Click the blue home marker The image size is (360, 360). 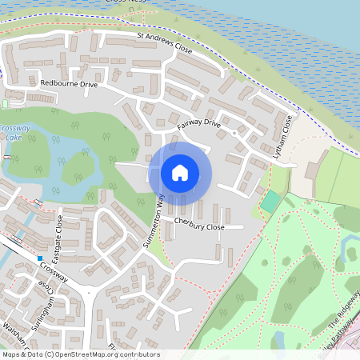(x=180, y=172)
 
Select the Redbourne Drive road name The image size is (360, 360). (x=68, y=83)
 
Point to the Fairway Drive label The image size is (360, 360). (x=199, y=124)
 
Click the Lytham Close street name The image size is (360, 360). (x=283, y=136)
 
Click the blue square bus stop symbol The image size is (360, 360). (x=38, y=258)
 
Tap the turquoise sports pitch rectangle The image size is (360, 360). (x=271, y=201)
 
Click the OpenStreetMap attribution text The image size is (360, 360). (x=80, y=354)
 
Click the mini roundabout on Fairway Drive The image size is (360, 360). (x=233, y=134)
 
